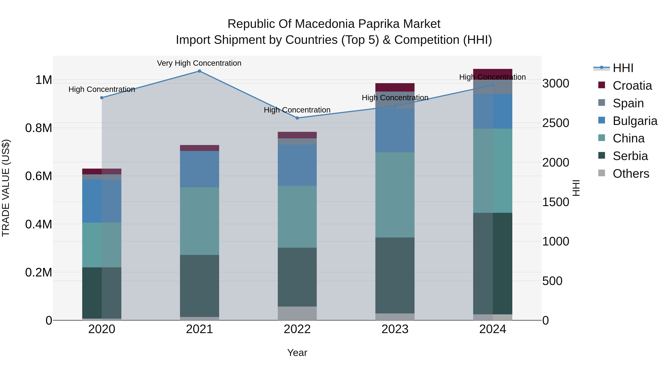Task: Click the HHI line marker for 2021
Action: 199,71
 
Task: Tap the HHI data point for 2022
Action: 297,118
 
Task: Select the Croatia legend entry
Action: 632,86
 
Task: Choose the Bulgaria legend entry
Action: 635,121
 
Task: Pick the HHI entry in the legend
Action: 623,68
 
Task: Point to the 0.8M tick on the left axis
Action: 39,128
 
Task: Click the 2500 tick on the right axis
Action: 555,123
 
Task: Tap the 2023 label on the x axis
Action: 395,329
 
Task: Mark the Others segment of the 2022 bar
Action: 297,313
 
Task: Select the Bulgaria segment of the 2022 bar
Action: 297,165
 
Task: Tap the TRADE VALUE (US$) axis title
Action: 6,188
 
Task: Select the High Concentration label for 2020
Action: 102,89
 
